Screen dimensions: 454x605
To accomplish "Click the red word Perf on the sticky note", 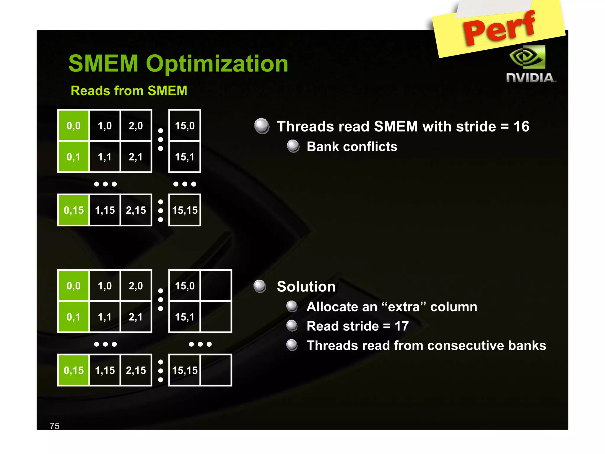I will click(500, 28).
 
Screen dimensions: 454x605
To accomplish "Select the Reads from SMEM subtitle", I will click(129, 91).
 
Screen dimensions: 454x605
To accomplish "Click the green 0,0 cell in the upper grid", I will click(74, 126).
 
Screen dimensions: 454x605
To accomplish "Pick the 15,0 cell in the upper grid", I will click(185, 126).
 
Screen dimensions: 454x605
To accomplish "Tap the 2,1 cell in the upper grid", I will click(136, 157).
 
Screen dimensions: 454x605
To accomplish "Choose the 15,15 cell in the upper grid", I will click(185, 210).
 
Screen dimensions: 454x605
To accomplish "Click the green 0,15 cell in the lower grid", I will click(74, 370).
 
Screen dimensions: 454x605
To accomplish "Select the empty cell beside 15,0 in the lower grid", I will click(216, 286).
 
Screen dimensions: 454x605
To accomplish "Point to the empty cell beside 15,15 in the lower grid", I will click(216, 370).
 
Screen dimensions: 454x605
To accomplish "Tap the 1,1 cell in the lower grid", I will click(105, 317).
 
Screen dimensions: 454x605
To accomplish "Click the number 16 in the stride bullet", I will click(521, 127).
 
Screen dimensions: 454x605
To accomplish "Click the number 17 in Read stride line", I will click(401, 326).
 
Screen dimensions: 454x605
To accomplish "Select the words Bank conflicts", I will click(352, 147).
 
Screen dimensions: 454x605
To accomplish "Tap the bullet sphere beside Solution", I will click(260, 286).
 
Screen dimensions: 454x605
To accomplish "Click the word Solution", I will click(306, 287).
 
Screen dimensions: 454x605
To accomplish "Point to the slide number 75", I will click(55, 426).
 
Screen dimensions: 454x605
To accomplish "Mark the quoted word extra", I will click(403, 307).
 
